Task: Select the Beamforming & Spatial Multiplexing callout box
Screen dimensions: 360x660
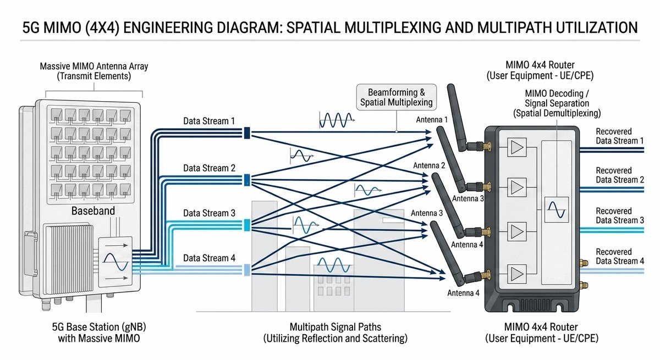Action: coord(396,97)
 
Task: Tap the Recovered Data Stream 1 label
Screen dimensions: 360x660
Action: coord(620,136)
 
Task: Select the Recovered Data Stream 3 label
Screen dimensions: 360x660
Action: coord(620,215)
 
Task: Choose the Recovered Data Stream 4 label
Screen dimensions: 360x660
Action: coord(620,256)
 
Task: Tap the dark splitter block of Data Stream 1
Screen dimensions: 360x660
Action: coord(247,132)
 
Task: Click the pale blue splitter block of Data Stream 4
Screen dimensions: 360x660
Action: coord(247,269)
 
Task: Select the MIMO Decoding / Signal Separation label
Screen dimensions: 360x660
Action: coord(557,103)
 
